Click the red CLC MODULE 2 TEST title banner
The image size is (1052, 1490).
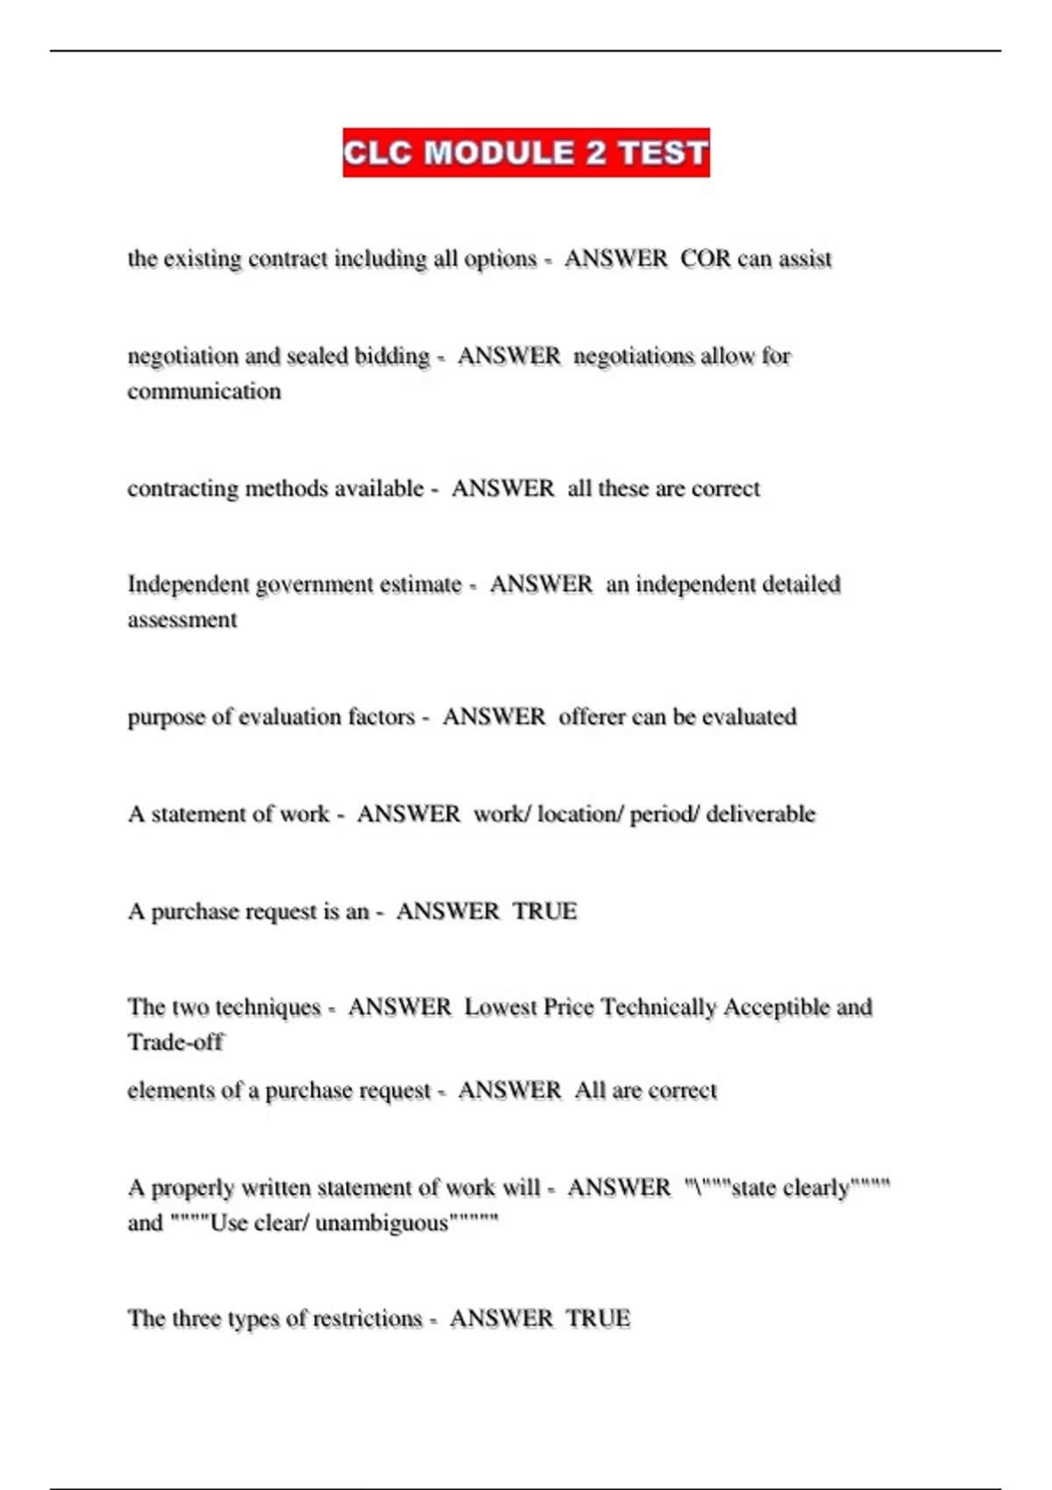coord(526,153)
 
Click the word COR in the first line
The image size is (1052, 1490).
coord(705,259)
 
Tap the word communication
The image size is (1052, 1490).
coord(204,391)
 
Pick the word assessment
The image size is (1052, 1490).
coord(182,620)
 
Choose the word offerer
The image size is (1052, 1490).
coord(592,717)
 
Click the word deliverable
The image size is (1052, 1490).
coord(760,814)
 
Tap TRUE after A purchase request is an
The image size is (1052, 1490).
coord(544,912)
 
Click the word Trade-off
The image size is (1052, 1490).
coord(175,1042)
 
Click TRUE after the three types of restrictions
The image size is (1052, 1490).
coord(598,1318)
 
